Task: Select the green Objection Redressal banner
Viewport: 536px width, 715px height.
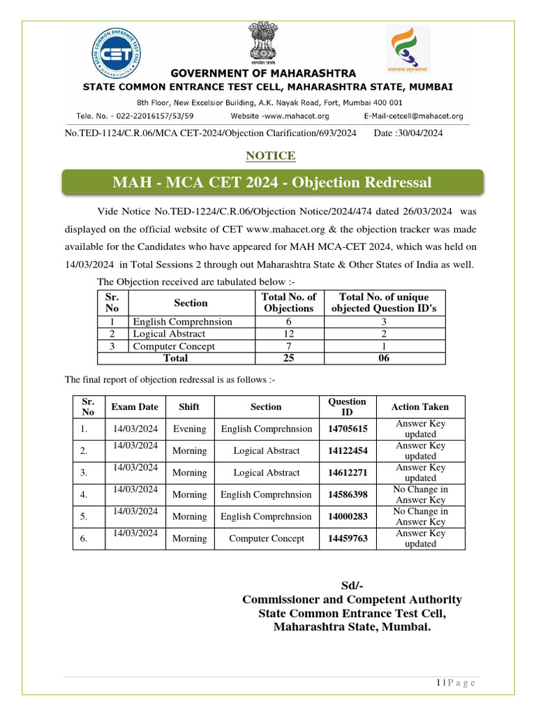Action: (x=271, y=183)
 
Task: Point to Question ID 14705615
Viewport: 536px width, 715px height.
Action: (x=348, y=429)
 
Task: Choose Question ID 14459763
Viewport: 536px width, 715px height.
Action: (x=348, y=538)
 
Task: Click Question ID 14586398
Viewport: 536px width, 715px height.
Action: (x=348, y=494)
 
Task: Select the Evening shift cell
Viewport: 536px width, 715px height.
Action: (x=189, y=429)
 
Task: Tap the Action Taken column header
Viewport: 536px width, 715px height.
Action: (x=419, y=406)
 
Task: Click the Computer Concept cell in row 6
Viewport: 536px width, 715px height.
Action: (x=266, y=538)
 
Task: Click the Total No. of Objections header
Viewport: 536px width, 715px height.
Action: (x=289, y=302)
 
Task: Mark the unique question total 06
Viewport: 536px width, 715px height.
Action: (x=384, y=358)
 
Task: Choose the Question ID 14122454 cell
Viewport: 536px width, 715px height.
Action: (x=348, y=451)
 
